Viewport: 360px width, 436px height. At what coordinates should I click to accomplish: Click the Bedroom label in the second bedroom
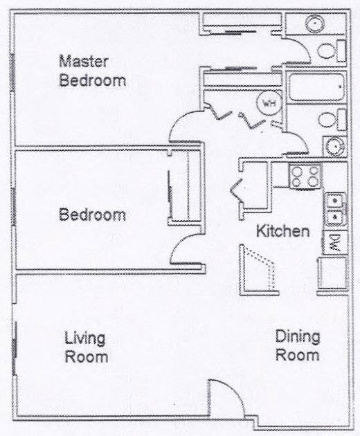(x=92, y=215)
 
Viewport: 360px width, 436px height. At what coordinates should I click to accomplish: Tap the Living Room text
(x=86, y=347)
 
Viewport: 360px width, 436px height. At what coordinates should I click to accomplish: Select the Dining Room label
(x=298, y=346)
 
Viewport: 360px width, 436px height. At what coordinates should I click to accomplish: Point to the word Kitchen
(x=282, y=231)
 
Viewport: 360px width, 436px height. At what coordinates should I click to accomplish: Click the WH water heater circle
(x=267, y=103)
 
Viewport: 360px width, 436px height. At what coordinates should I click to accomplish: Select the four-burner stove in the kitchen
(x=306, y=176)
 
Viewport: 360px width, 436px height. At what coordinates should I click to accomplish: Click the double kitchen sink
(x=334, y=208)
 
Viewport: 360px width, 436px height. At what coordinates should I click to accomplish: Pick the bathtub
(x=315, y=88)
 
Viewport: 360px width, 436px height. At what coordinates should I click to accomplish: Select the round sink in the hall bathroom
(x=334, y=147)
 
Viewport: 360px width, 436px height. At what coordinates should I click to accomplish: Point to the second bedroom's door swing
(x=185, y=248)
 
